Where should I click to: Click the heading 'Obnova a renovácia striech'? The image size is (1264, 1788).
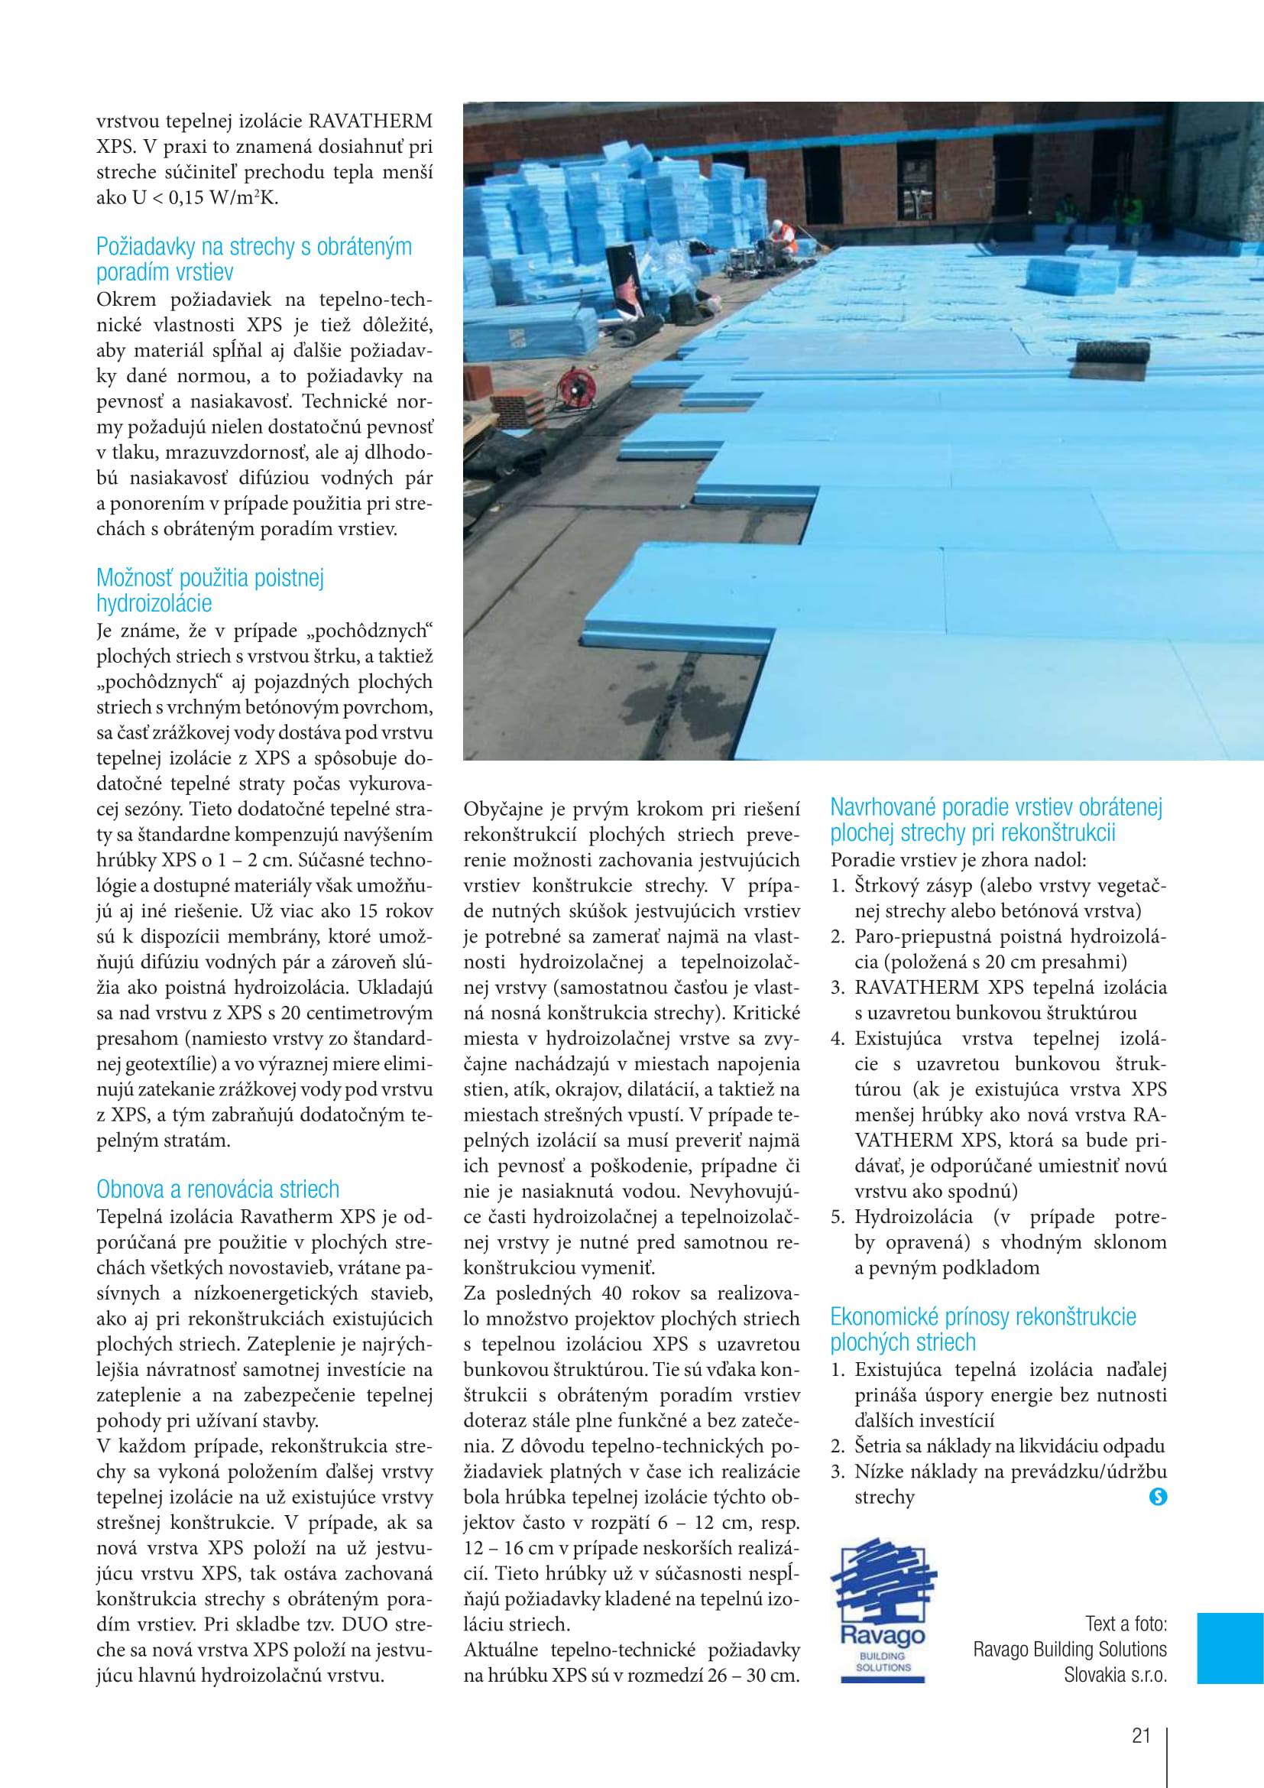[218, 1189]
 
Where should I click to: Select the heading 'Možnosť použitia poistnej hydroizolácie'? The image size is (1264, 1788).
[210, 590]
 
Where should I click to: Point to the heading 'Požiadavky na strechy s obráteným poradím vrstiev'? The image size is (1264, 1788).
[254, 259]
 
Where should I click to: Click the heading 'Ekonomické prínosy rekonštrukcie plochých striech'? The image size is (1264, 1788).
[982, 1329]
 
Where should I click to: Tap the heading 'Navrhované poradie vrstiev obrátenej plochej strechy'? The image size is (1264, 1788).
[996, 819]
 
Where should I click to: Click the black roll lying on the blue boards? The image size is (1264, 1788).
[1109, 360]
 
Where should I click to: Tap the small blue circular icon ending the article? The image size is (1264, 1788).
[1158, 1496]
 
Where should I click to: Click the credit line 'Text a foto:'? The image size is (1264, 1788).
[1126, 1624]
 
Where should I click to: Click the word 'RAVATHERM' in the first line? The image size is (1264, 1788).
[371, 122]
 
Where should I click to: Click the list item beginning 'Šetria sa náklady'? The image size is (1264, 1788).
[1009, 1446]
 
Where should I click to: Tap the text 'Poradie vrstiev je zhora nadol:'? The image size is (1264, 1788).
[958, 860]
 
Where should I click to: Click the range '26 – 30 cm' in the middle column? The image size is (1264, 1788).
[754, 1675]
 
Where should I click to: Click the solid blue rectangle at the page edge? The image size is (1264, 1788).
[1230, 1648]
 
